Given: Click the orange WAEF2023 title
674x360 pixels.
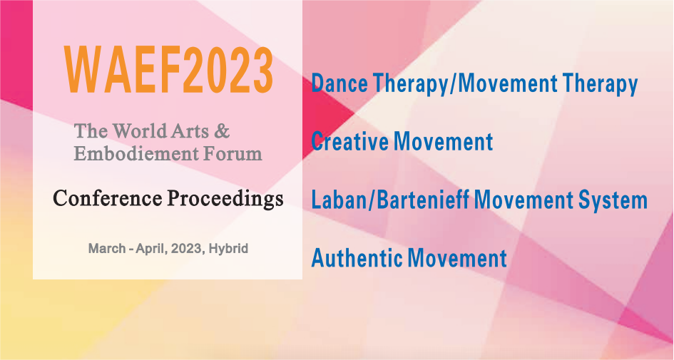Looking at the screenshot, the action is click(x=169, y=71).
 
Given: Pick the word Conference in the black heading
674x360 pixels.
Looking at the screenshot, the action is click(x=108, y=198).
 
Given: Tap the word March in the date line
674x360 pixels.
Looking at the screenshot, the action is click(x=107, y=248).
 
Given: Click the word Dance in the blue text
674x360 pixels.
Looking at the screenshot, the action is click(x=339, y=83).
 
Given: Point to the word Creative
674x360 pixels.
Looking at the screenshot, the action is click(x=349, y=141).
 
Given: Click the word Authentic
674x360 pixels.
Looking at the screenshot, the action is click(x=357, y=258).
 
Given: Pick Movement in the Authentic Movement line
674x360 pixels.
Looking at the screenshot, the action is click(x=457, y=258).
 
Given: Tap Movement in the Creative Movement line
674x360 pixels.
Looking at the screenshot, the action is click(x=443, y=141).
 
